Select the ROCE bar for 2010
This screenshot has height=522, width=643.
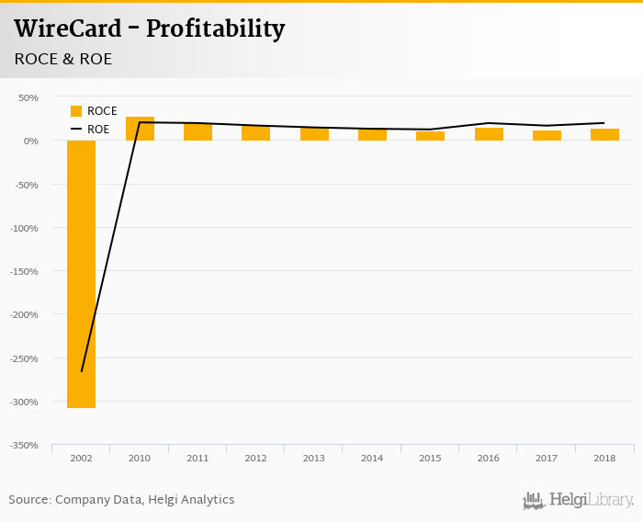click(x=140, y=129)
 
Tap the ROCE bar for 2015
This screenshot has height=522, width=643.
click(x=430, y=136)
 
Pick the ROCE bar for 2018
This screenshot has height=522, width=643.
click(x=604, y=134)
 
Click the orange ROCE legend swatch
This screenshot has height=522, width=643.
click(x=76, y=111)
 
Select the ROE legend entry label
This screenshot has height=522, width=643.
click(x=98, y=130)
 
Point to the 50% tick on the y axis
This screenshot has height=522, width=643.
click(x=28, y=97)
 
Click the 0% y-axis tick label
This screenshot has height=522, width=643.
click(x=30, y=141)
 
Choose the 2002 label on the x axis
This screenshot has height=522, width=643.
click(x=81, y=458)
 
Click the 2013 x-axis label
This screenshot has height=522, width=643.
click(x=314, y=458)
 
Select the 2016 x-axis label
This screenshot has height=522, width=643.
click(x=489, y=458)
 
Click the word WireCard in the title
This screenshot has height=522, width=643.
click(x=67, y=29)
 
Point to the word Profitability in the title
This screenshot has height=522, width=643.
click(x=215, y=29)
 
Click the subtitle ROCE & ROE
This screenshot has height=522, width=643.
click(x=63, y=59)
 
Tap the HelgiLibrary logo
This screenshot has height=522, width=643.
click(x=579, y=500)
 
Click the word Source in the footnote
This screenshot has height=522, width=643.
click(x=28, y=500)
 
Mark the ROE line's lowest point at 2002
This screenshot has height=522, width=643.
click(x=82, y=371)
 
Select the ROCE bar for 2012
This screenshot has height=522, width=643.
click(x=255, y=132)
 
